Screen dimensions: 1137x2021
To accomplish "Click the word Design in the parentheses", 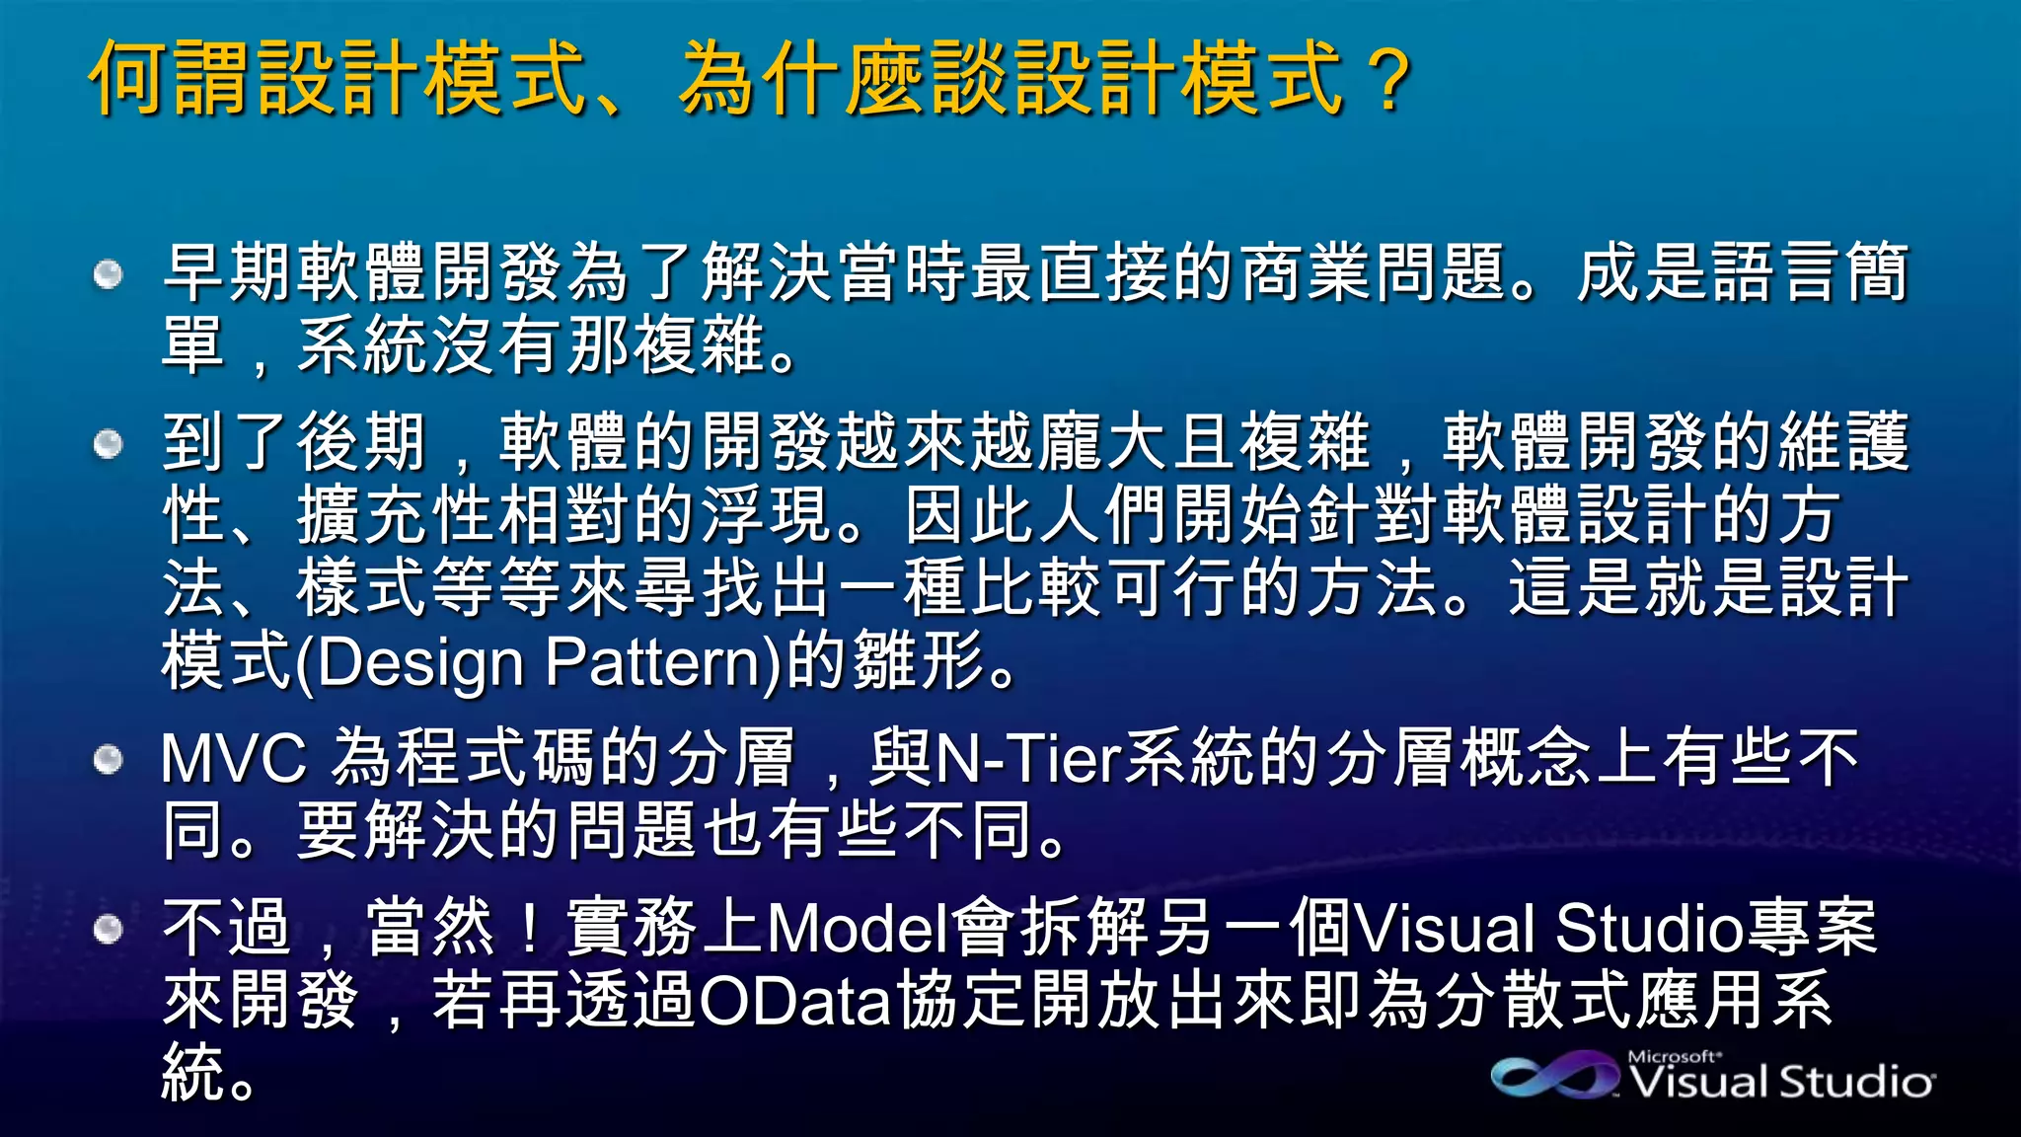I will coord(419,662).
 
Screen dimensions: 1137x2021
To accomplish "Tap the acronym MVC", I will coord(234,758).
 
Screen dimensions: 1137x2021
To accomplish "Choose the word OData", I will coord(795,1001).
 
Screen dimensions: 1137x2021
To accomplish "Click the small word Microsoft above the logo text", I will coord(1674,1056).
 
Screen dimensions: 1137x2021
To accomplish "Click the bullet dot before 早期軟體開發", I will coord(108,273).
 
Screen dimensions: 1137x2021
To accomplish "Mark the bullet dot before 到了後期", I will coord(108,444).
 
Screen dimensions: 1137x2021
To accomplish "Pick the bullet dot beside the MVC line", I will coord(108,759).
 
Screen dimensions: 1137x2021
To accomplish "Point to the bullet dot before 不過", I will coord(108,929).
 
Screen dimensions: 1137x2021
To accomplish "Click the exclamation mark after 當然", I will coord(531,929).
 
